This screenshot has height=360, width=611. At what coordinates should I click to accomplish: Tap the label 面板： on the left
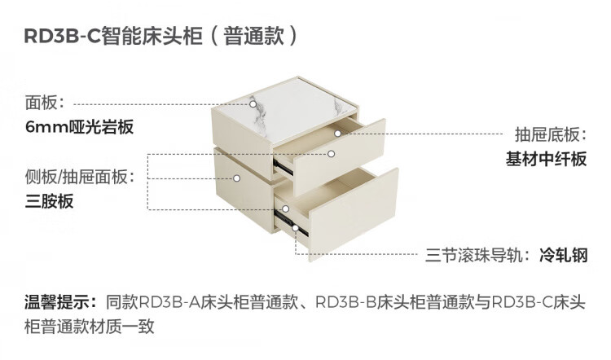(x=50, y=104)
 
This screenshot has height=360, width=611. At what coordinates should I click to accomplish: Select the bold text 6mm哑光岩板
(x=78, y=128)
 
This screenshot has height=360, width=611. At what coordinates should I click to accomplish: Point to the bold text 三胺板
(x=50, y=201)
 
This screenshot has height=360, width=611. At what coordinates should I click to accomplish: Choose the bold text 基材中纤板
(x=546, y=160)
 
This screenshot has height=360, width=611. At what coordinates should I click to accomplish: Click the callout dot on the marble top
(x=252, y=105)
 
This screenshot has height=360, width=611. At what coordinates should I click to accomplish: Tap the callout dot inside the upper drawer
(x=336, y=133)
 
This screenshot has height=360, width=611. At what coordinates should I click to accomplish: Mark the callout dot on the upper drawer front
(x=332, y=153)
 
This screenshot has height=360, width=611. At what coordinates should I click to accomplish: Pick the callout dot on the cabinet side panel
(x=236, y=177)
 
